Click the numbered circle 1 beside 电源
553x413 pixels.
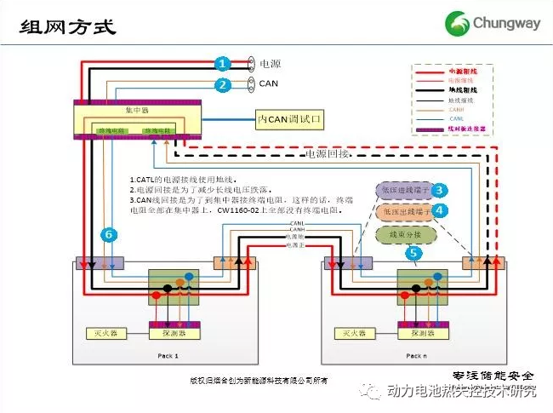click(x=222, y=64)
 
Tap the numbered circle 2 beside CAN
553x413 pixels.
click(x=222, y=84)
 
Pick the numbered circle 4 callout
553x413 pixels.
click(x=440, y=209)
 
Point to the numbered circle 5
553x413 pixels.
click(x=414, y=253)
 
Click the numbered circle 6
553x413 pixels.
click(x=107, y=233)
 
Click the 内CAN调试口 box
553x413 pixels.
click(x=290, y=119)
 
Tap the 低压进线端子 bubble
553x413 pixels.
click(x=403, y=190)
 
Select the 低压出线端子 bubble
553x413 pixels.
click(x=403, y=209)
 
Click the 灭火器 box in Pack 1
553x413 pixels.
click(x=105, y=333)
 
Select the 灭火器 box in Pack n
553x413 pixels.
click(x=353, y=333)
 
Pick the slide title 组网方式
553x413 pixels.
click(x=67, y=25)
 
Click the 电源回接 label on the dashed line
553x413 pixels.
click(x=327, y=155)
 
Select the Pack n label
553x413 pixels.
click(x=414, y=355)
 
